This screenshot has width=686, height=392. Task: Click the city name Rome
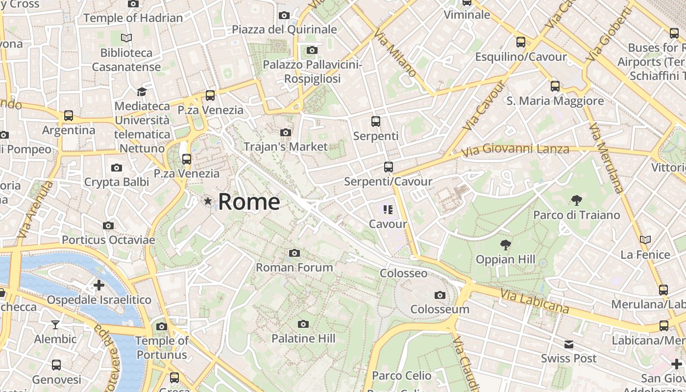pyautogui.click(x=249, y=201)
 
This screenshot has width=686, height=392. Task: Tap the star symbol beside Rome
pyautogui.click(x=208, y=201)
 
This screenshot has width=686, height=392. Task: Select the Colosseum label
pyautogui.click(x=440, y=309)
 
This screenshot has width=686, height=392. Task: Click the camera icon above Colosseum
pyautogui.click(x=440, y=295)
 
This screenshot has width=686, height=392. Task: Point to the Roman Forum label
pyautogui.click(x=294, y=268)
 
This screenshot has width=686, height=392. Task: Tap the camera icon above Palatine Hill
pyautogui.click(x=303, y=324)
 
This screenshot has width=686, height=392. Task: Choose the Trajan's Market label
pyautogui.click(x=286, y=147)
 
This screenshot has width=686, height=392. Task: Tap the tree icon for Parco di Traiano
pyautogui.click(x=576, y=200)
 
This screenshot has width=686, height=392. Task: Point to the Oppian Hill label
pyautogui.click(x=505, y=259)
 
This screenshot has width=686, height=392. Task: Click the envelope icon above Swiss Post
pyautogui.click(x=568, y=344)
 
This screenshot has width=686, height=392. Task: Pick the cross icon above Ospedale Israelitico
pyautogui.click(x=99, y=285)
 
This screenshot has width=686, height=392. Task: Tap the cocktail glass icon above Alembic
pyautogui.click(x=55, y=324)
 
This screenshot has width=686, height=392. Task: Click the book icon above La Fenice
pyautogui.click(x=645, y=240)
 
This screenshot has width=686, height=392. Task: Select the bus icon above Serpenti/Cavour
pyautogui.click(x=388, y=167)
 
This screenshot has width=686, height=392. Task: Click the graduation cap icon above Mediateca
pyautogui.click(x=142, y=92)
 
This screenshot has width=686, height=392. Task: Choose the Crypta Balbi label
pyautogui.click(x=117, y=182)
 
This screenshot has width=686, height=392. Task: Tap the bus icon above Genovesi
pyautogui.click(x=56, y=365)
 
